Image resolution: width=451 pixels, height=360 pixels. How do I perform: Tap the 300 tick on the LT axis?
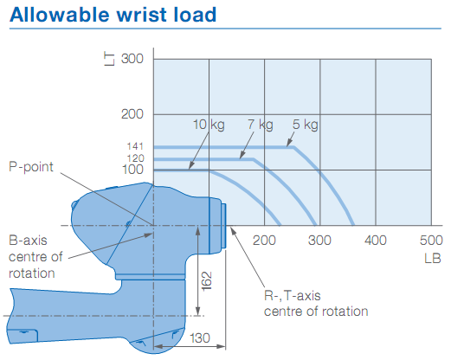(x=132, y=59)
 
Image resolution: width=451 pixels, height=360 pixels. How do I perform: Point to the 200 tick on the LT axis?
(x=132, y=114)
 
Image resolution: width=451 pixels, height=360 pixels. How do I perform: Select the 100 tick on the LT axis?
(x=132, y=169)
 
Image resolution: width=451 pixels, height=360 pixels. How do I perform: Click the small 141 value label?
(x=135, y=146)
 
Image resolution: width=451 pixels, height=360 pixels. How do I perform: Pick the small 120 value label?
(x=135, y=158)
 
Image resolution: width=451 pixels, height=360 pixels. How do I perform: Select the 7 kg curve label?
(x=259, y=125)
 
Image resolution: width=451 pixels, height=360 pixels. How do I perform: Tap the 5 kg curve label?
(x=305, y=125)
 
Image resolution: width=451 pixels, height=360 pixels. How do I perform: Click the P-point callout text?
(x=31, y=164)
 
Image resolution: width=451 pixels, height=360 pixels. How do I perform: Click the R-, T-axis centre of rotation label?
(x=316, y=303)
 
